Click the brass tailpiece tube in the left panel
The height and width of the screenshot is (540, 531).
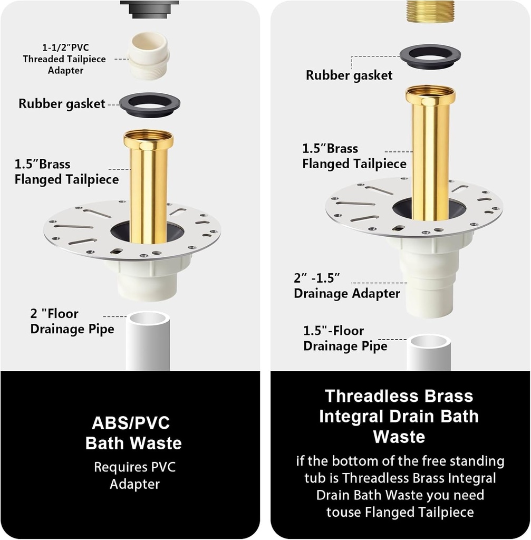pyautogui.click(x=148, y=185)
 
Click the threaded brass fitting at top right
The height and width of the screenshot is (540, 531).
pyautogui.click(x=430, y=11)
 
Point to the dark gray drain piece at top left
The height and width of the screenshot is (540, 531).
pyautogui.click(x=149, y=8)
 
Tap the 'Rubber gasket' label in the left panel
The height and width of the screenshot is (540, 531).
pyautogui.click(x=62, y=103)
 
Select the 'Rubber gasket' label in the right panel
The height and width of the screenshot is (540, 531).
pyautogui.click(x=349, y=75)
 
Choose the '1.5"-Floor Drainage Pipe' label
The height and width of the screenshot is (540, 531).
pyautogui.click(x=345, y=339)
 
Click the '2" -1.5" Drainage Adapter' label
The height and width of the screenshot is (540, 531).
pyautogui.click(x=346, y=285)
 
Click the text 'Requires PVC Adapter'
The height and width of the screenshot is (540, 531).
pyautogui.click(x=134, y=475)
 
